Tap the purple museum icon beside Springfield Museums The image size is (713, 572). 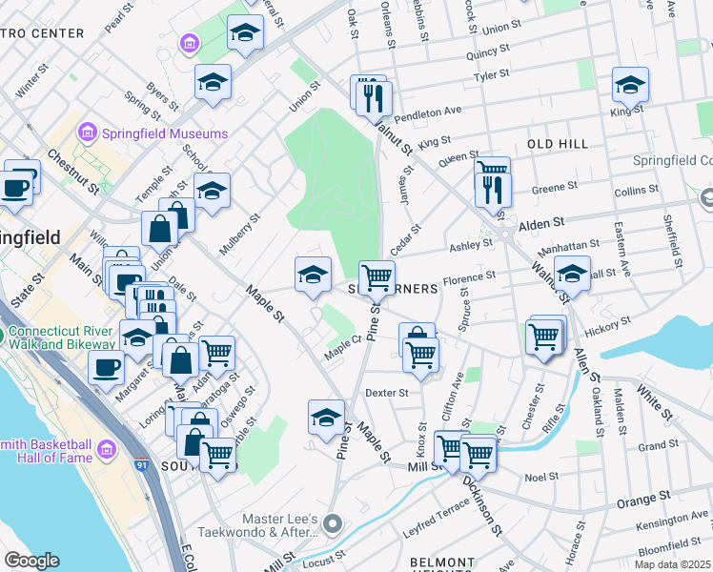[89, 131]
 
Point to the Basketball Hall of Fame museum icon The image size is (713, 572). [106, 448]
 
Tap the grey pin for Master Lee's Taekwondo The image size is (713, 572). [332, 522]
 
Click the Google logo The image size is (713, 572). [31, 561]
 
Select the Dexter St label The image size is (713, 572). [386, 393]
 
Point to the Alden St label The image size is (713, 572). [542, 227]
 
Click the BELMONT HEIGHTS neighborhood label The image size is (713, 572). [441, 563]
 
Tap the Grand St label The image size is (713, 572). [658, 445]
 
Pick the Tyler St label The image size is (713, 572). [492, 75]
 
